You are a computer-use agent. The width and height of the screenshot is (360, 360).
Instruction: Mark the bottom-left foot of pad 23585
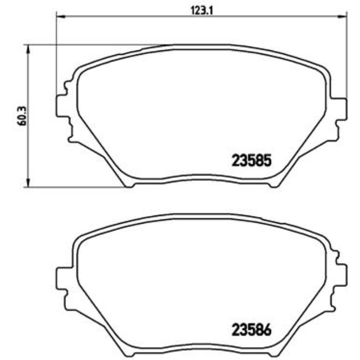click(128, 184)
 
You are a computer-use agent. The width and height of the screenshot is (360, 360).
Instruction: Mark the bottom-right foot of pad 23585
click(272, 184)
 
